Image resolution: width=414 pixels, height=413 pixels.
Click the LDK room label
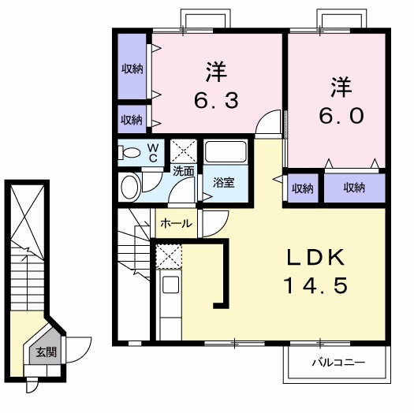[316, 257]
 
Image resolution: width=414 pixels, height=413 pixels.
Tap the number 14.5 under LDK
[316, 285]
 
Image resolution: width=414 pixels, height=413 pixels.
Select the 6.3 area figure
[217, 100]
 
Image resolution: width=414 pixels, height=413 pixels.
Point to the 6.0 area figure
[341, 116]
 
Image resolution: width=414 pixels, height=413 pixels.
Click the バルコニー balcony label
[338, 363]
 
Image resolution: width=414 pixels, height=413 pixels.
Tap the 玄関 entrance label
[47, 352]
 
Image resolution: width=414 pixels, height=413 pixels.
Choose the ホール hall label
[176, 224]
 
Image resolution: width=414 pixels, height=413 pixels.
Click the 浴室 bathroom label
[224, 182]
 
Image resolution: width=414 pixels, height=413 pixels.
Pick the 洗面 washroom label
[184, 172]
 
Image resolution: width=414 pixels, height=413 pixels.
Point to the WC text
[152, 153]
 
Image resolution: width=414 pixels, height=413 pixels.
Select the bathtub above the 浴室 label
[226, 152]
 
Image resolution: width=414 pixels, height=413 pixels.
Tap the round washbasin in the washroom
[130, 187]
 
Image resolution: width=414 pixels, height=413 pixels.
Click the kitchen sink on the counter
[171, 285]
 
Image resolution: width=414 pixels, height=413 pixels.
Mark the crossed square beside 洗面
[184, 151]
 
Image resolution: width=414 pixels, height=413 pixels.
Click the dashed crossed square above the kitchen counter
[169, 256]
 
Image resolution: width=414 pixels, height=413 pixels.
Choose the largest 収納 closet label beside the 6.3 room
[132, 69]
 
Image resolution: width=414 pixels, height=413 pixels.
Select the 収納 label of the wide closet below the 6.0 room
[354, 188]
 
